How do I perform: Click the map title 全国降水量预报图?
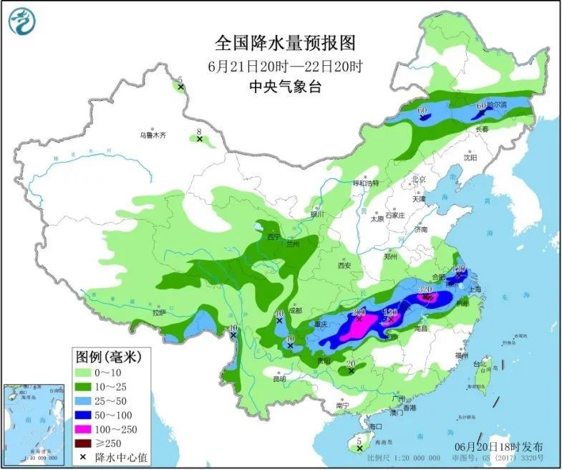pyautogui.click(x=285, y=44)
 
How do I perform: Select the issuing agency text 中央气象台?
pyautogui.click(x=285, y=87)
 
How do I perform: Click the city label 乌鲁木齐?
pyautogui.click(x=152, y=134)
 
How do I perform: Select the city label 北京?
pyautogui.click(x=419, y=179)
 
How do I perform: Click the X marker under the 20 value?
pyautogui.click(x=350, y=372)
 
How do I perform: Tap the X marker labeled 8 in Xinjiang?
pyautogui.click(x=200, y=138)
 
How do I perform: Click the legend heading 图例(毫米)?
pyautogui.click(x=108, y=356)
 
